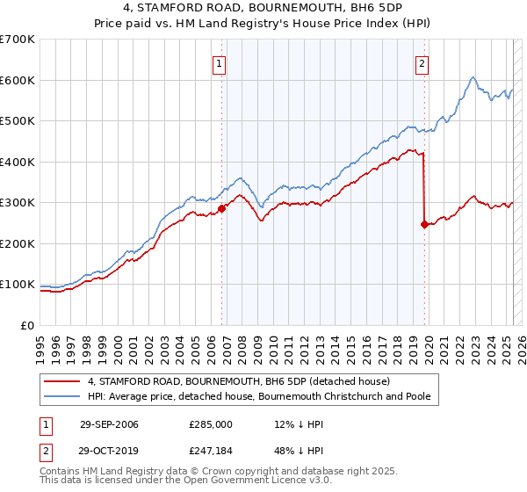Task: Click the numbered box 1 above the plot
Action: [218, 62]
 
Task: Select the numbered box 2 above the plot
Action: [422, 62]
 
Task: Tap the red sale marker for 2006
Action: [222, 208]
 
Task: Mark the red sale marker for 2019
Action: [424, 224]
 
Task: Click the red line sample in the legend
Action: [61, 381]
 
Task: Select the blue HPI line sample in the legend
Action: [61, 396]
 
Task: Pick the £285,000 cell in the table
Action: [211, 424]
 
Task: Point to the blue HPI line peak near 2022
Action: [473, 77]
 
